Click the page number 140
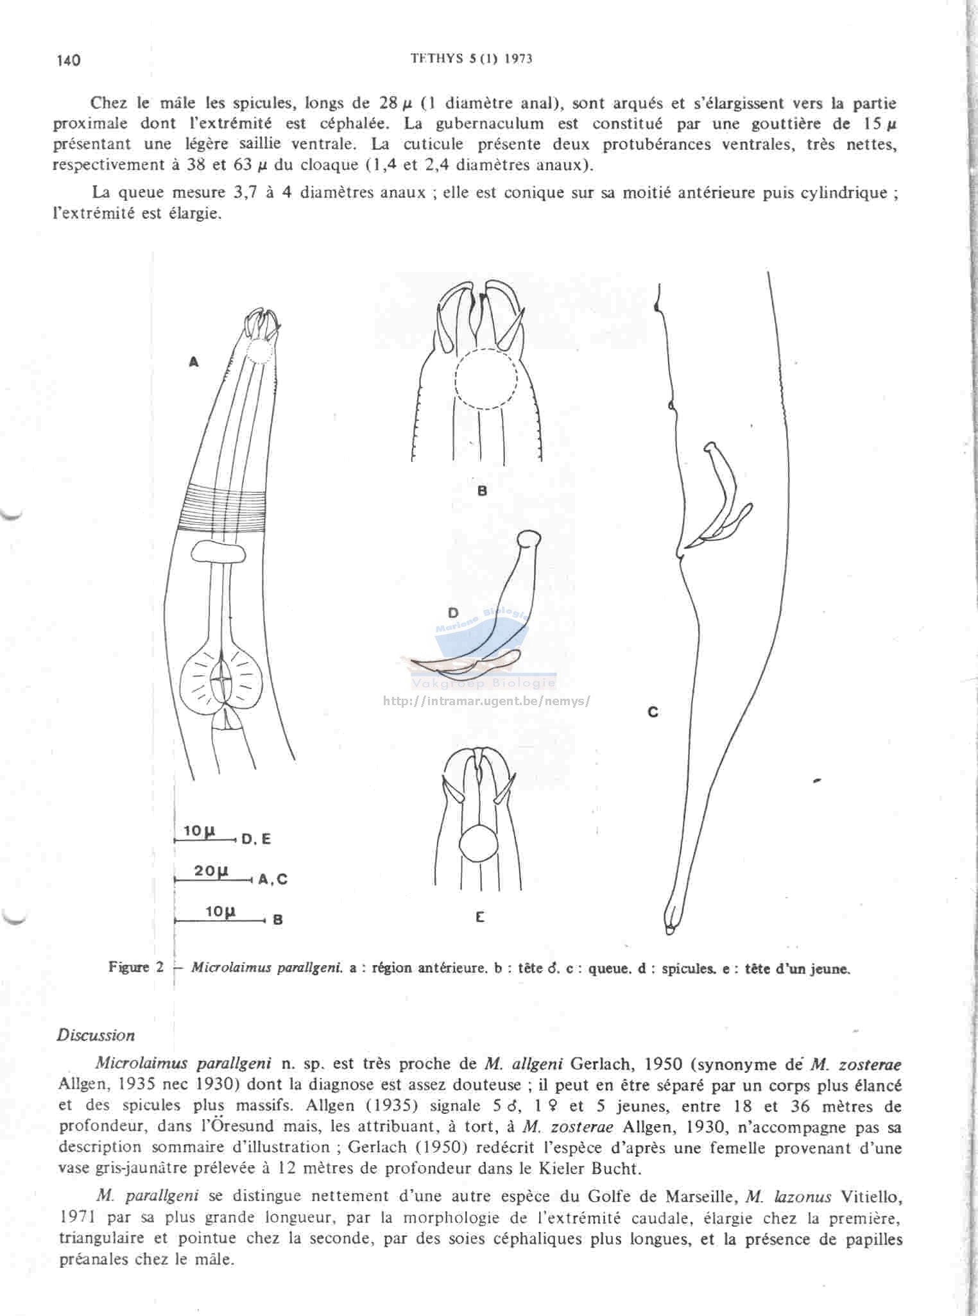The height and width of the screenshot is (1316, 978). (69, 60)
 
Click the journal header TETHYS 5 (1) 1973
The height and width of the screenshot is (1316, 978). (472, 58)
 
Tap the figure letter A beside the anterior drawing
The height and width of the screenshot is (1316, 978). (194, 363)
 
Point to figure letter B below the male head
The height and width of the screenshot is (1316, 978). (483, 491)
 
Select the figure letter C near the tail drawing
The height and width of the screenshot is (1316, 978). (653, 712)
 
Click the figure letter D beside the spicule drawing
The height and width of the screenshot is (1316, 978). (453, 613)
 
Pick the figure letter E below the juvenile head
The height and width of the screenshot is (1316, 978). (479, 918)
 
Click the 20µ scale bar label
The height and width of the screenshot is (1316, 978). (212, 871)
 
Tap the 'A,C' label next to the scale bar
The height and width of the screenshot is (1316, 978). (273, 880)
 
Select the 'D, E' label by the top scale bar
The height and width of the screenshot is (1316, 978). (256, 839)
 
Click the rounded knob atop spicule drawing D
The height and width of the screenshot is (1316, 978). (529, 539)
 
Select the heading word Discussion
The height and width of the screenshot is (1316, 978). (96, 1036)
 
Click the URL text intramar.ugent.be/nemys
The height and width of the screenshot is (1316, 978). (486, 701)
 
